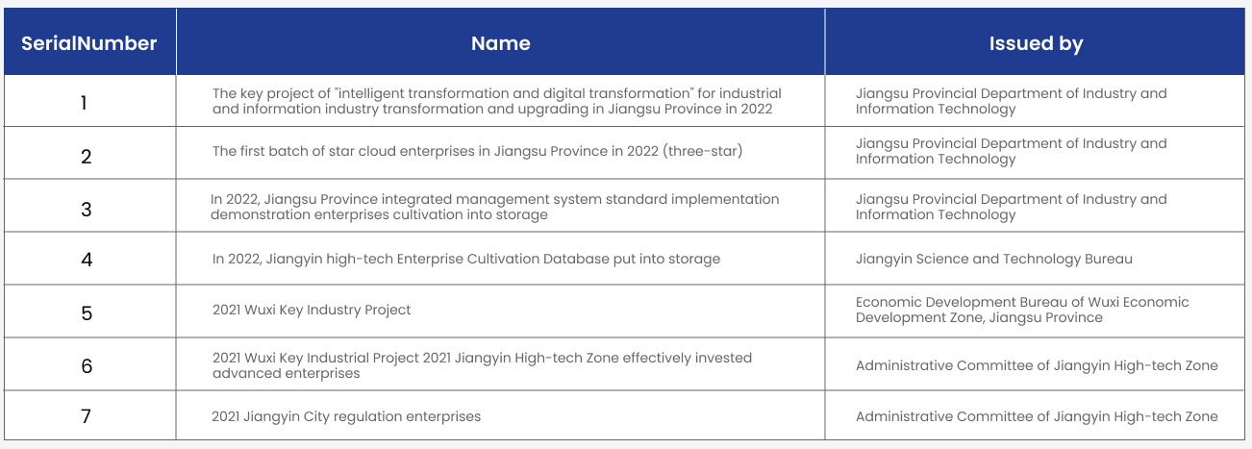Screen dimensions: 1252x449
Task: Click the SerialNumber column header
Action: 88,43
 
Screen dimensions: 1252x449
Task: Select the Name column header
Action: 500,43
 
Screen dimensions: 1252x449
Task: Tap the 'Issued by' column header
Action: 1036,44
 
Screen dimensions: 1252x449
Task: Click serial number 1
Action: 84,103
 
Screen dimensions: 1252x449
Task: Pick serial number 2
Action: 87,157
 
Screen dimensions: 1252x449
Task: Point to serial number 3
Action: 87,210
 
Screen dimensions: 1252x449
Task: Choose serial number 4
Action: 87,260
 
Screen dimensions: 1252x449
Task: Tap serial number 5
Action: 87,313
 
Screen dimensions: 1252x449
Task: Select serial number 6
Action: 87,366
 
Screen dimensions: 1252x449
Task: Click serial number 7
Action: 87,416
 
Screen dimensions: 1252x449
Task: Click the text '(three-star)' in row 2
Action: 703,151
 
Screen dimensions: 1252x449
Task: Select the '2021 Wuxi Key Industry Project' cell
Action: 312,310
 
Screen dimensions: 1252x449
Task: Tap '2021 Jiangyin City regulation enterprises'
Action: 346,416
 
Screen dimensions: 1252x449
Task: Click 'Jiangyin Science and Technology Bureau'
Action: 993,259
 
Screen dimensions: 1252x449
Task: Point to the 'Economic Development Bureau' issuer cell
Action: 1022,310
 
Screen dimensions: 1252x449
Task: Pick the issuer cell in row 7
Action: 1037,416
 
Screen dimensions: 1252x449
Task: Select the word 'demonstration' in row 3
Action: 260,214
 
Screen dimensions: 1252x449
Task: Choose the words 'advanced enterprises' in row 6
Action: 287,373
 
